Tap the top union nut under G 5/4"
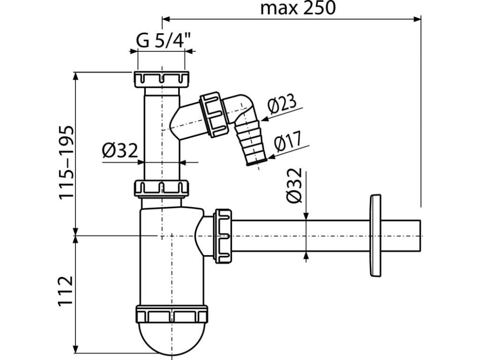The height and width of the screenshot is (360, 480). click(162, 79)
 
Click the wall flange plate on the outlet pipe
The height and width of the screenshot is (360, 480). click(375, 235)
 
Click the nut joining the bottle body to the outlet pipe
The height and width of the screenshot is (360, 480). click(223, 236)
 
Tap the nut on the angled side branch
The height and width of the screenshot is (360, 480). click(213, 115)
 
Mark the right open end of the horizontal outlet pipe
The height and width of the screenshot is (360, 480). click(420, 236)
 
